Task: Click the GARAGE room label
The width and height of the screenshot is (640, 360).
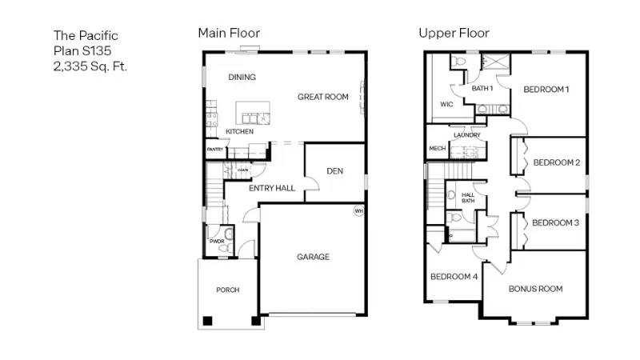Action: coord(313,257)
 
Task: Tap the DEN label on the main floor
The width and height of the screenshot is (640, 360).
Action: coord(336,170)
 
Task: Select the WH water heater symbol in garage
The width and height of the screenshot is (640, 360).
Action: coord(359,211)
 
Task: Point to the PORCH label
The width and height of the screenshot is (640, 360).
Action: coord(227,290)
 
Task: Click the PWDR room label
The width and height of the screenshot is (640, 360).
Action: coord(216,241)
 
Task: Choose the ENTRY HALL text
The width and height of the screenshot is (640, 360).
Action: coord(272,189)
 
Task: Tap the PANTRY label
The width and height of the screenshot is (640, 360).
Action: coord(214,150)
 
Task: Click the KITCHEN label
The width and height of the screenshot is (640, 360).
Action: coord(239,131)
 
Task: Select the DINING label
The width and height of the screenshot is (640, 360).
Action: coord(242,78)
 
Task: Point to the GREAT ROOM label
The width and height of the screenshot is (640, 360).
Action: coord(323,97)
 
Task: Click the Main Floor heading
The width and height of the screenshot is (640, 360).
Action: coord(229,33)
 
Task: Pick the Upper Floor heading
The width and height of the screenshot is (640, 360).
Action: coord(454,33)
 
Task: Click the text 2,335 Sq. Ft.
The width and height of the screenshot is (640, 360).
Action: coord(90,66)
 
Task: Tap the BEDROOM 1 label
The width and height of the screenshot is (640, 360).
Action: coord(546,89)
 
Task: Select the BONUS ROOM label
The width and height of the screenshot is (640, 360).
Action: coord(535,289)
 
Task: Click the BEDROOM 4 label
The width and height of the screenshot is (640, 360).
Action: coord(454,277)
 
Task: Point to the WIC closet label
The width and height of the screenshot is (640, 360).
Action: coord(446,104)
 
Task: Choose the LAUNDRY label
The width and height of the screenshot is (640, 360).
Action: coord(466,135)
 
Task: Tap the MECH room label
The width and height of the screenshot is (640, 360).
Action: coord(437,149)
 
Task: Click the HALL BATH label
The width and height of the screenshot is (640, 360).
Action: coord(469,198)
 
